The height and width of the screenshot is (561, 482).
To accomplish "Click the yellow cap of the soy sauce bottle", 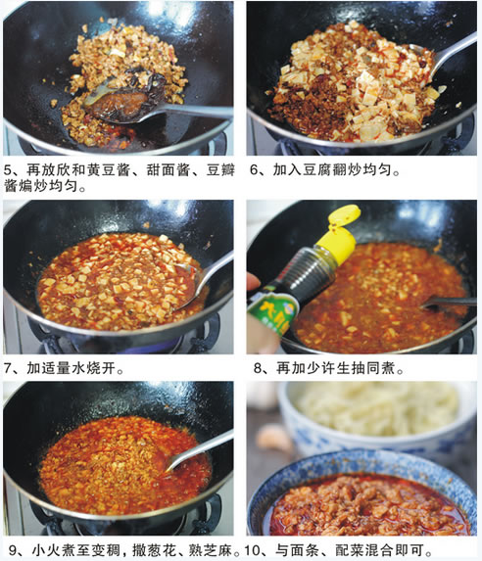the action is click(340, 234).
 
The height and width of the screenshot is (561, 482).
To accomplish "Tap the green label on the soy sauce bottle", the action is click(273, 312).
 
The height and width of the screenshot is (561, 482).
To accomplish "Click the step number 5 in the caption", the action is click(8, 169).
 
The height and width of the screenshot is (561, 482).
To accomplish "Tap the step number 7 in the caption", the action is click(8, 368).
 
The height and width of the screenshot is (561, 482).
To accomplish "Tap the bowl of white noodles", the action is click(377, 419).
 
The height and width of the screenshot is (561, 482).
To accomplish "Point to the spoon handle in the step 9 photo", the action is click(201, 450).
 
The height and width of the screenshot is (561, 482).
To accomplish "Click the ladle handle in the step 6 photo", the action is click(455, 53).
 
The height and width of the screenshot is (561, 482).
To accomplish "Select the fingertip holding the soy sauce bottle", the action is click(254, 282).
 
